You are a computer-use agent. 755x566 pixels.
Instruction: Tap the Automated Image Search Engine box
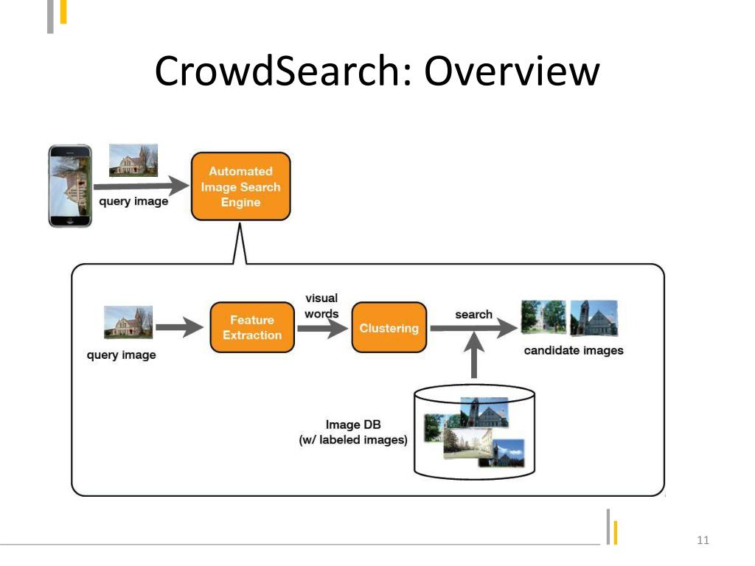(x=240, y=186)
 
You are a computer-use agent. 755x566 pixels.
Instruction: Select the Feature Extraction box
(x=252, y=327)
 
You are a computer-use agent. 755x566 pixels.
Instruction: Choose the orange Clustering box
(x=389, y=328)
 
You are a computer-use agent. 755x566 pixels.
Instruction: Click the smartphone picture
(x=70, y=186)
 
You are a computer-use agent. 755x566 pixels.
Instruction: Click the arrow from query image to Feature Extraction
(x=179, y=328)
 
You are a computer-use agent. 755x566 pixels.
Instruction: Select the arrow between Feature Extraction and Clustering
(x=321, y=329)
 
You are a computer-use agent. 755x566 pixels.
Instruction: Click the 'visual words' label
(x=321, y=306)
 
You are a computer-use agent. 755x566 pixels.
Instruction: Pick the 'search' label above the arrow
(x=473, y=315)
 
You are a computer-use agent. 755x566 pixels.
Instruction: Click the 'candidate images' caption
(x=574, y=350)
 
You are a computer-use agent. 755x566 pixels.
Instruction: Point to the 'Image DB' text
(x=353, y=424)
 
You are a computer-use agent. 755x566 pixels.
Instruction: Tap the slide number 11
(x=702, y=542)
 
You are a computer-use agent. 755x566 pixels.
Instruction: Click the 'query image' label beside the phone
(x=133, y=201)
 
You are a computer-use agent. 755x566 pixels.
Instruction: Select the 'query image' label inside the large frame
(x=122, y=355)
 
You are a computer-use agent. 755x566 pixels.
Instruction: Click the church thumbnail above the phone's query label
(x=133, y=161)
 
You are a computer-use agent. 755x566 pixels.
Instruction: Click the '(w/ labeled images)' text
(x=353, y=440)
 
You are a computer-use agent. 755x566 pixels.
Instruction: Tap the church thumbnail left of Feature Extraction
(x=128, y=323)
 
